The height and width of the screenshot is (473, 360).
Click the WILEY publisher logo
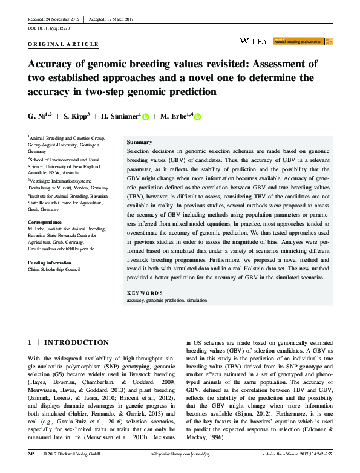tap(254, 41)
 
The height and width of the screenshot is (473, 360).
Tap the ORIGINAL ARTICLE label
tap(63, 45)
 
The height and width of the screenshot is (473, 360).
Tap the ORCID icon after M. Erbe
tap(197, 116)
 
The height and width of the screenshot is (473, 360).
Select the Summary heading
tap(140, 141)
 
